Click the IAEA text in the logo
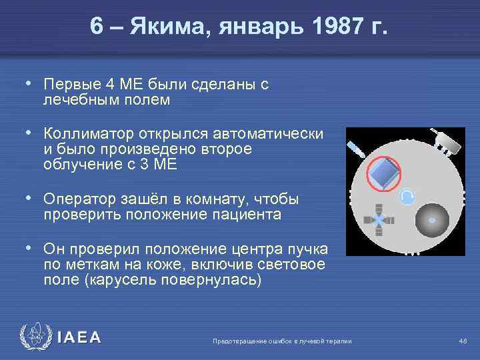pos(79,337)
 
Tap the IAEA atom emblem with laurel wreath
pos(34,337)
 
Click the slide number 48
pos(463,341)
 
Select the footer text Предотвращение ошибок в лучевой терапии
pos(281,341)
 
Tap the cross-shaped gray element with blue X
pos(378,221)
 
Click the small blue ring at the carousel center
pos(407,195)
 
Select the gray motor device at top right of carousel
pos(447,141)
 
